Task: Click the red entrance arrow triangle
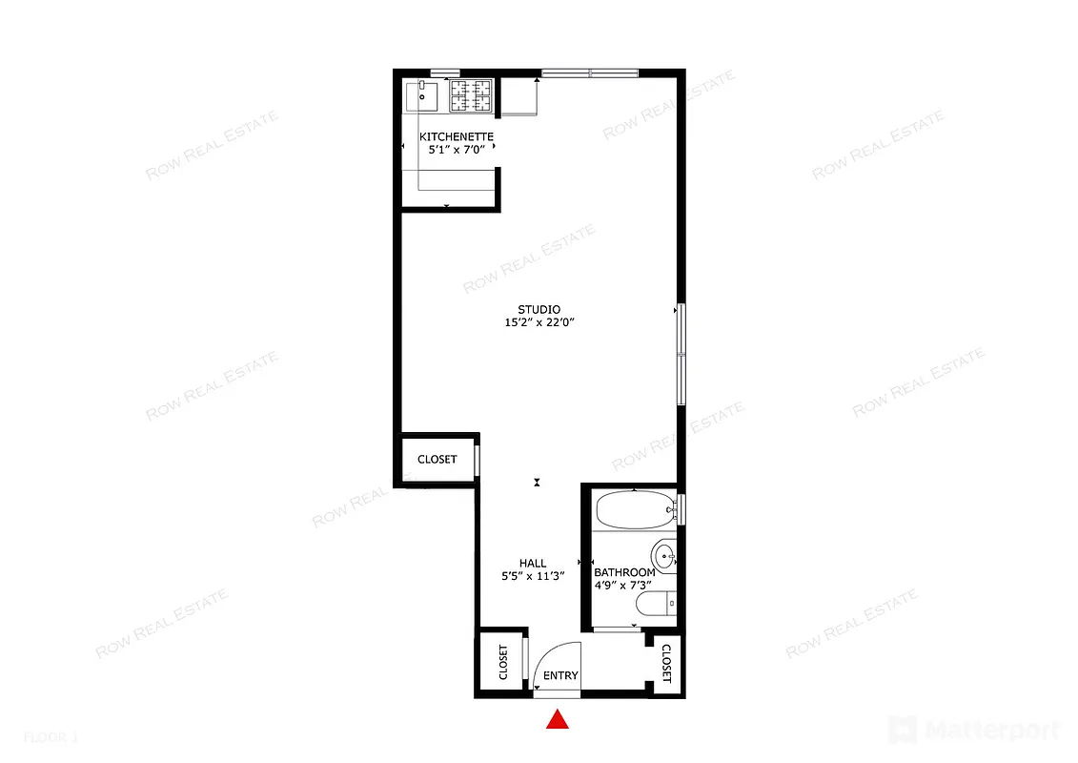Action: [558, 720]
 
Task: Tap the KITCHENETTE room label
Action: [458, 136]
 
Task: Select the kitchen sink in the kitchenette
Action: [421, 96]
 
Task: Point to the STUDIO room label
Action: [539, 310]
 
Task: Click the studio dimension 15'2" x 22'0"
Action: [539, 323]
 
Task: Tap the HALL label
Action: [533, 563]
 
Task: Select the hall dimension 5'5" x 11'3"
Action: [533, 576]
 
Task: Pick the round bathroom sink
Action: [663, 554]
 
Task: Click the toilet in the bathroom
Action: [656, 604]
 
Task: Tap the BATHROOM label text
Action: [624, 572]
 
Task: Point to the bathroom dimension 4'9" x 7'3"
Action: [624, 586]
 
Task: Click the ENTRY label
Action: [560, 676]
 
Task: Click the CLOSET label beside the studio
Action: [437, 460]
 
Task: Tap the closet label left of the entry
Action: [503, 663]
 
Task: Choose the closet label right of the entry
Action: [666, 664]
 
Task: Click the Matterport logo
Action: [974, 731]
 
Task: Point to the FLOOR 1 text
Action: [51, 737]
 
